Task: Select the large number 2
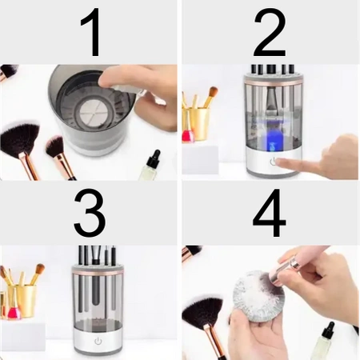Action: (270, 34)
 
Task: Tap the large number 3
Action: (90, 214)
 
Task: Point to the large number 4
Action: (270, 214)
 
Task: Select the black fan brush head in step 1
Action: (22, 137)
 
